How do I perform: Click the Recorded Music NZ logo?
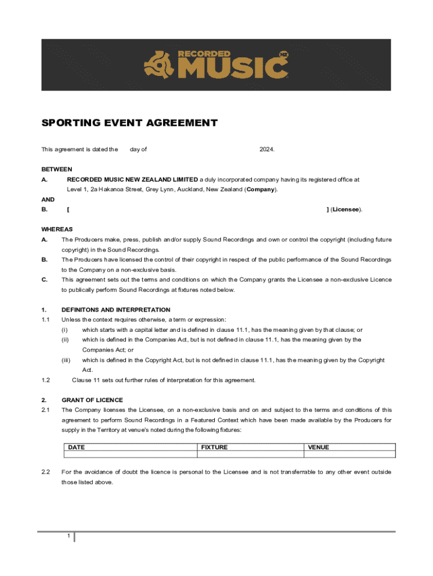click(x=216, y=64)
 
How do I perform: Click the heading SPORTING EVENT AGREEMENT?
click(x=129, y=123)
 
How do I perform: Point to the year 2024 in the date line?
click(x=267, y=149)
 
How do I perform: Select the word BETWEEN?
click(x=57, y=169)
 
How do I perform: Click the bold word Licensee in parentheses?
click(x=345, y=210)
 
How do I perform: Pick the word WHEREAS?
click(x=57, y=229)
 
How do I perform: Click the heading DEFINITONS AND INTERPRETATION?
click(x=116, y=310)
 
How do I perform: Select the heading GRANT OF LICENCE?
click(x=92, y=400)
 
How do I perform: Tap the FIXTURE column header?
click(x=214, y=447)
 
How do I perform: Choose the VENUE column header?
click(x=318, y=447)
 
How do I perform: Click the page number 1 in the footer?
click(x=68, y=536)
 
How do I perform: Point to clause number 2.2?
click(x=46, y=472)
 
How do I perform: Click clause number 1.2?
click(x=46, y=380)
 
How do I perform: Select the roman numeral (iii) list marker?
click(x=66, y=360)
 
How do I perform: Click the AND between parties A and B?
click(x=48, y=200)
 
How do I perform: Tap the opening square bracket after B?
click(x=68, y=210)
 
